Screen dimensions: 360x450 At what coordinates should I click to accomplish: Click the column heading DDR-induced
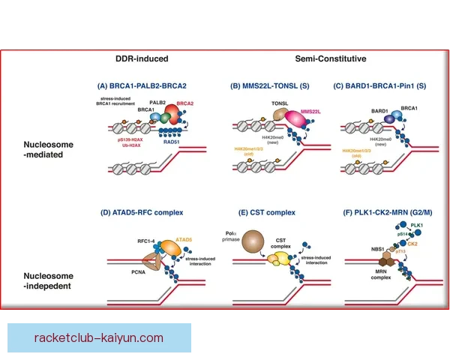142,58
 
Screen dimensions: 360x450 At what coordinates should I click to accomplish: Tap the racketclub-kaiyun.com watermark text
98,337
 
